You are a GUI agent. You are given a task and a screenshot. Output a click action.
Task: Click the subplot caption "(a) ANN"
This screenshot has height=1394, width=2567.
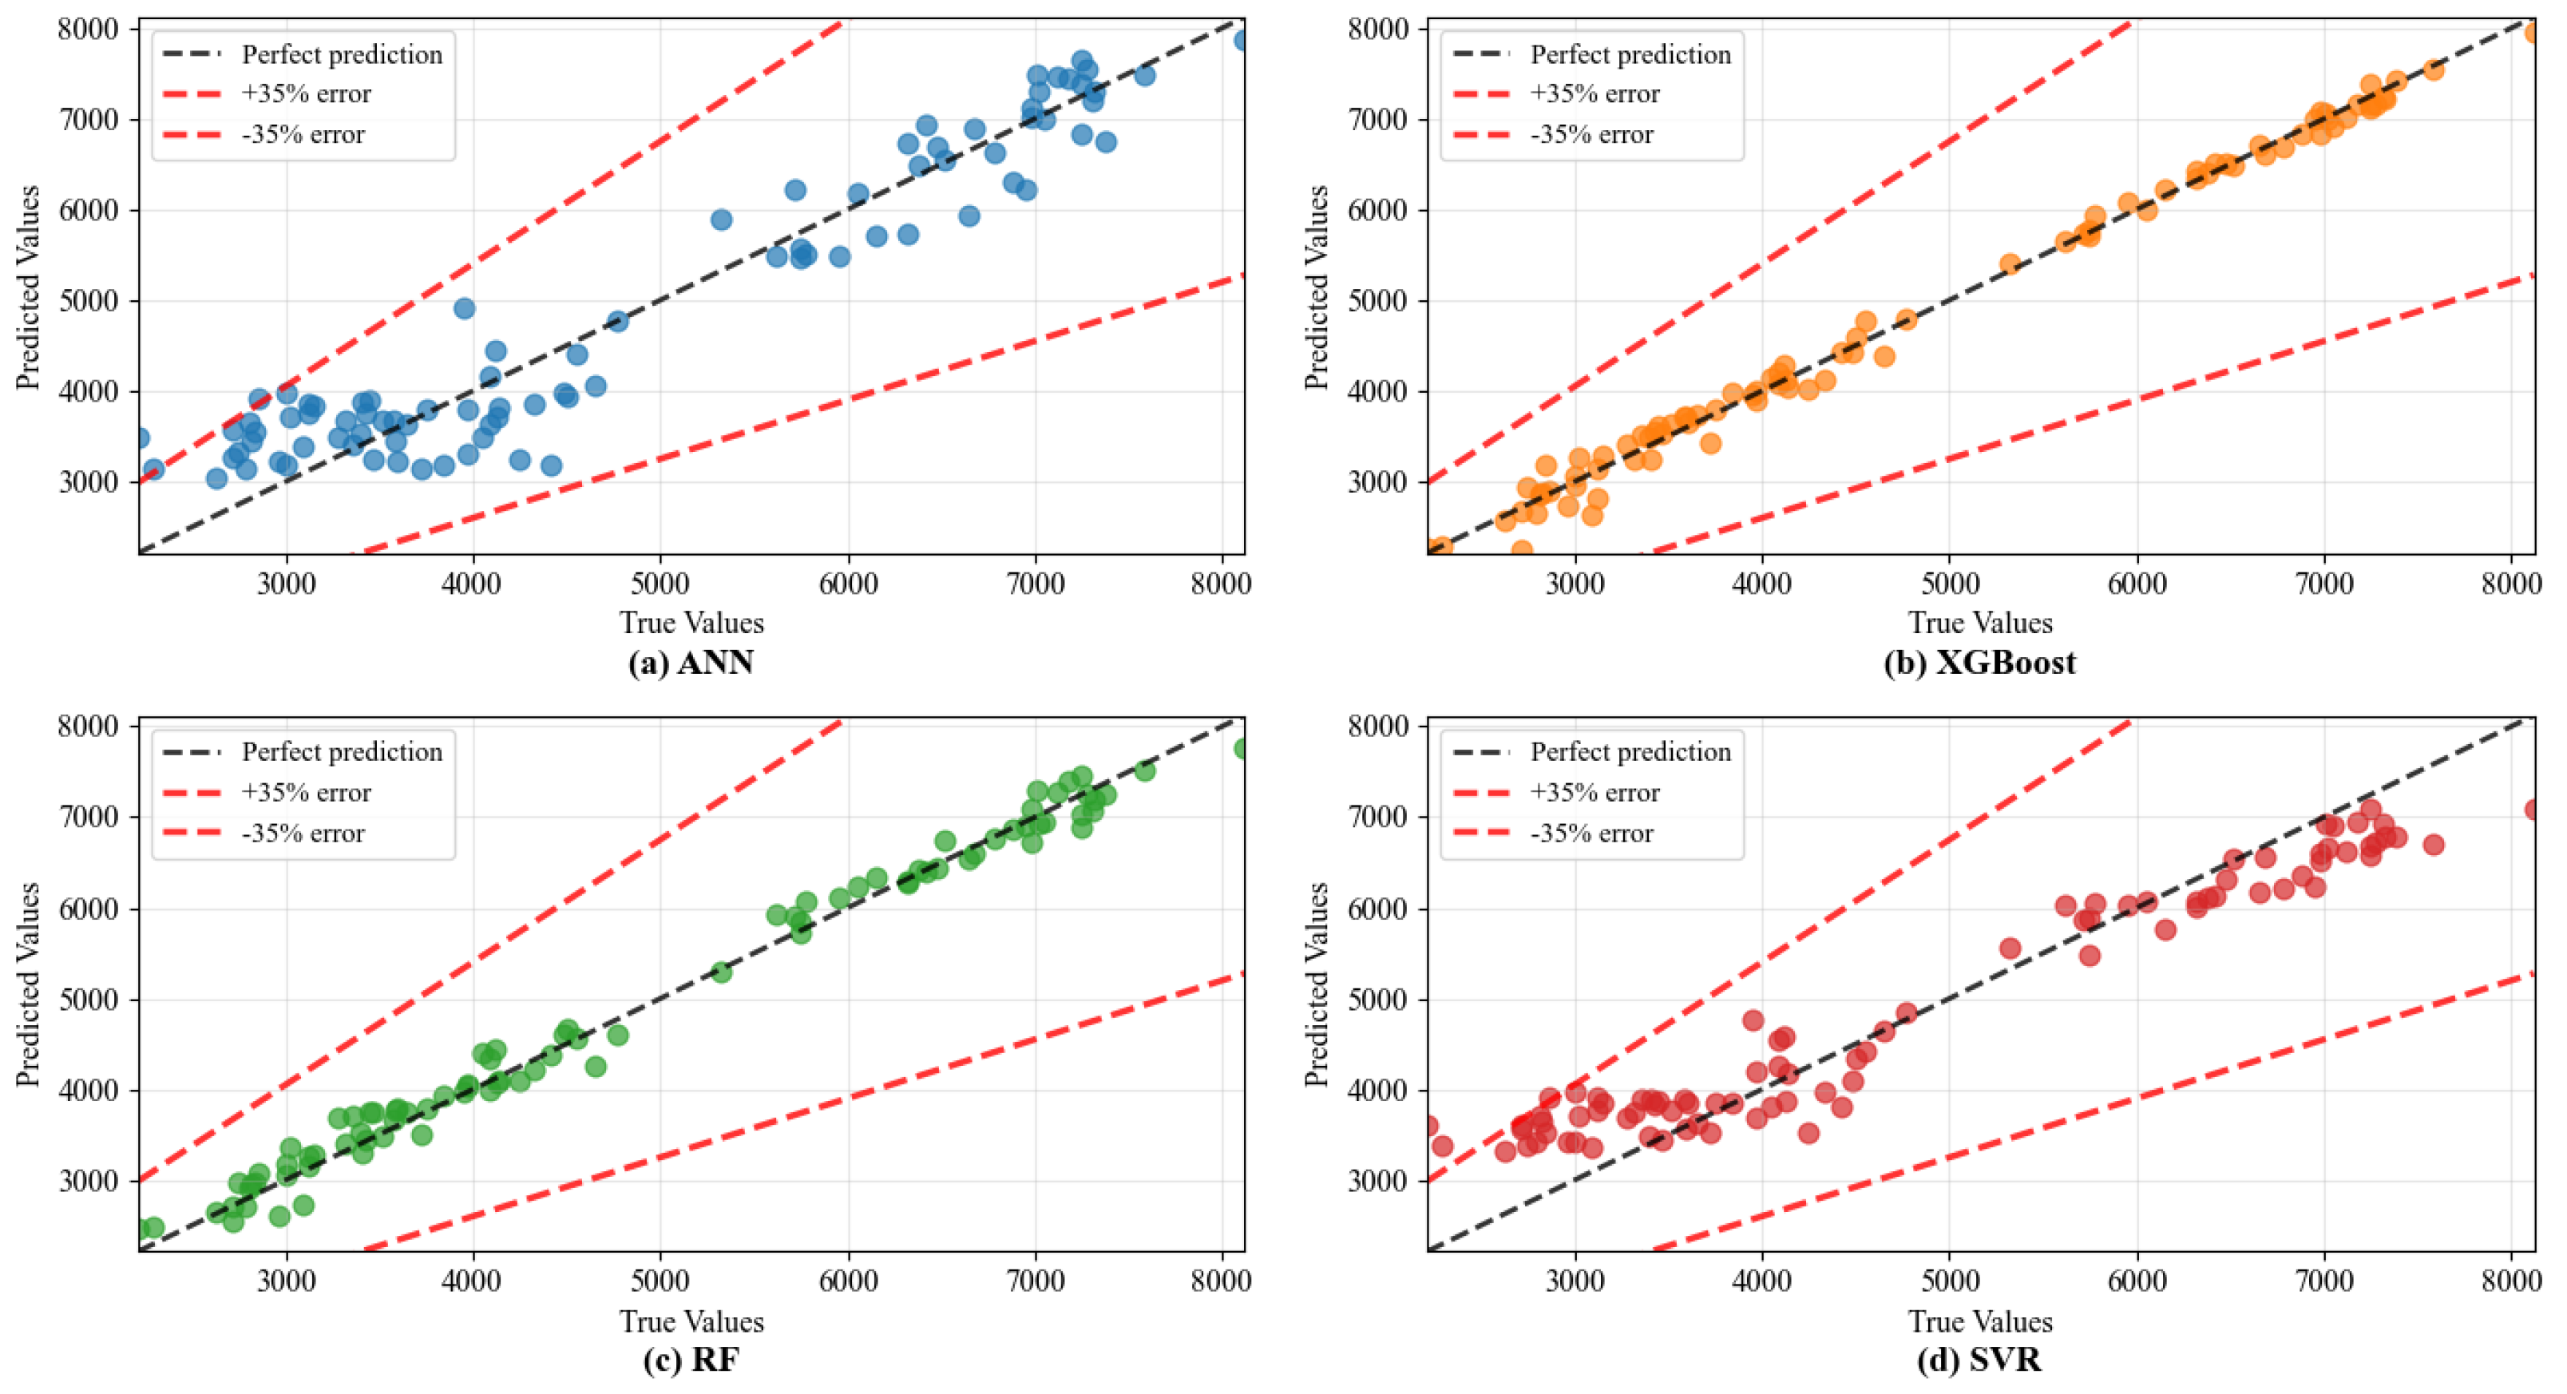point(690,663)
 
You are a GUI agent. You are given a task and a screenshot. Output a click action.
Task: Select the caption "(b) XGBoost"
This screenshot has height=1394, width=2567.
point(1979,663)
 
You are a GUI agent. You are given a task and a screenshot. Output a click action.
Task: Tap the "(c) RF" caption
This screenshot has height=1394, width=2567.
point(690,1360)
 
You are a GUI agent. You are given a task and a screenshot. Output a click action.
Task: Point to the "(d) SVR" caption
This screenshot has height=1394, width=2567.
point(1979,1360)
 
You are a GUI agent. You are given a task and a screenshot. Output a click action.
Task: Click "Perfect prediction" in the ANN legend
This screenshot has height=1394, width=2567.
point(342,55)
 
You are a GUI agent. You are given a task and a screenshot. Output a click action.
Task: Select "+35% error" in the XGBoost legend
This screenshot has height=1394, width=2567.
point(1594,95)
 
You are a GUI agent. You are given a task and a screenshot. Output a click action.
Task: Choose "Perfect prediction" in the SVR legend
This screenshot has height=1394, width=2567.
point(1630,752)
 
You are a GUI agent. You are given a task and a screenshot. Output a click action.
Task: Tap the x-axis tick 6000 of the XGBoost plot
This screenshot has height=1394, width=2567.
point(2137,583)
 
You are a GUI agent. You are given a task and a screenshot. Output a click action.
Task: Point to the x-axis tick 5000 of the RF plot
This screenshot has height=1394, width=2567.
point(660,1281)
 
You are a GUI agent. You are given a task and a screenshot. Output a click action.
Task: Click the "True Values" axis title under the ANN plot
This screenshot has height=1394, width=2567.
point(691,623)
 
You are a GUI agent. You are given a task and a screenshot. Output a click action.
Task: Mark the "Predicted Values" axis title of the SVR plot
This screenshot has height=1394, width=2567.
point(1317,984)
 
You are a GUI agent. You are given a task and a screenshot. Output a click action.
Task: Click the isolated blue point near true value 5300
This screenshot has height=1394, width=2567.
point(722,220)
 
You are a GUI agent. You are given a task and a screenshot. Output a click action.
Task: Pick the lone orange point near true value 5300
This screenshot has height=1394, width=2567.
point(2010,264)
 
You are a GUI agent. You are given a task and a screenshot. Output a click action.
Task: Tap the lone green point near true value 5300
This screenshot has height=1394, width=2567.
point(722,972)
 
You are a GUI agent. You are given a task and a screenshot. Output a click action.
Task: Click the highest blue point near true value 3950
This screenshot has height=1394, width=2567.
point(465,309)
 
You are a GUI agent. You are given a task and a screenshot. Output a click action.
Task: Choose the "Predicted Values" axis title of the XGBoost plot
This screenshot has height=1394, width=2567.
point(1317,287)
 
